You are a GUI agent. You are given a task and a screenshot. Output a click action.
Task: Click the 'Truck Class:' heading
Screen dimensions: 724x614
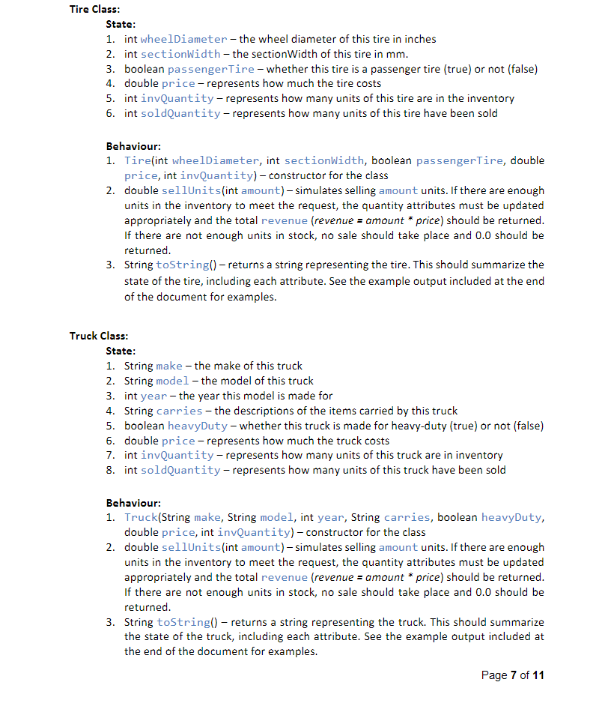tap(99, 336)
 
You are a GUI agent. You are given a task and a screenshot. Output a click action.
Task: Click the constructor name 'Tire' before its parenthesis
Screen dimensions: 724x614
tap(137, 160)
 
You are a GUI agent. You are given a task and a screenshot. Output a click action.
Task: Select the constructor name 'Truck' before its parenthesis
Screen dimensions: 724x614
tap(141, 517)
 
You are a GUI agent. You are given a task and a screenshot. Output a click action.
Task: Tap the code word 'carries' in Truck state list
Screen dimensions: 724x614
tap(179, 411)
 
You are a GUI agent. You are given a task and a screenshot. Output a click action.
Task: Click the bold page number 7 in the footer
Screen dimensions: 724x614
tap(513, 675)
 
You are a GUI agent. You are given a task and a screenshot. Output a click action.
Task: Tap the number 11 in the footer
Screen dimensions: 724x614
tap(538, 675)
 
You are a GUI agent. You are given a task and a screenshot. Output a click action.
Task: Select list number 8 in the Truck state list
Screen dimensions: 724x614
tap(109, 470)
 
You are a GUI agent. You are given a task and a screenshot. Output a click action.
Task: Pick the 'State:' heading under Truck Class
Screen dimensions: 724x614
tap(121, 351)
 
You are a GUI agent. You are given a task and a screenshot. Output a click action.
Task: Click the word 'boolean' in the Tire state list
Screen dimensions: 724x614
tap(144, 69)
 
